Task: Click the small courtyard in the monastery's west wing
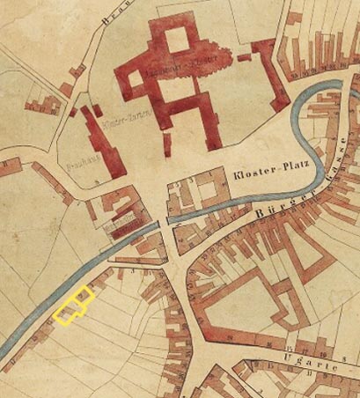click(137, 81)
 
